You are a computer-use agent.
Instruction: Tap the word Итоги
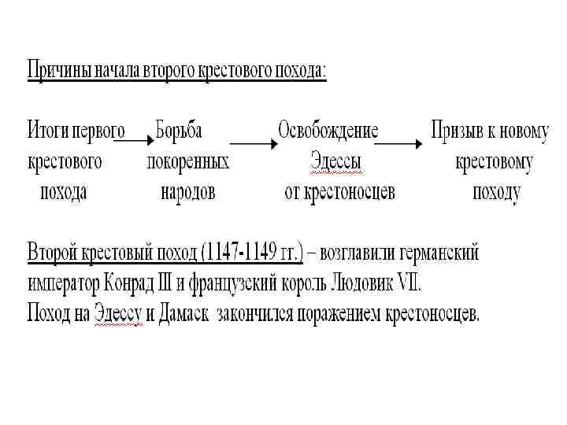pos(48,131)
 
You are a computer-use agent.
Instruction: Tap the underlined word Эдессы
pos(336,162)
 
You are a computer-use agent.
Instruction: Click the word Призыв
pos(461,131)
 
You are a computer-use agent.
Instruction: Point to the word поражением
pos(335,314)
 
